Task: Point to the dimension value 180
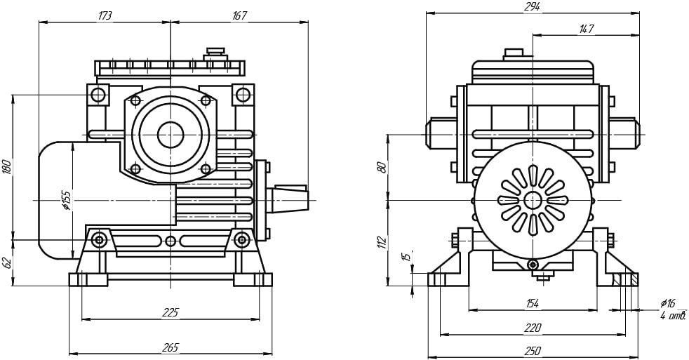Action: pos(7,166)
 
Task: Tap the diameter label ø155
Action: pos(65,200)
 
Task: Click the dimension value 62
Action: pos(7,262)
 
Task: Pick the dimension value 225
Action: pos(170,312)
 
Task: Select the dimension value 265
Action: pos(170,347)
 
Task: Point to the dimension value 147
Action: pos(586,28)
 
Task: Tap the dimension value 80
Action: pos(382,168)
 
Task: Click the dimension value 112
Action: pos(382,242)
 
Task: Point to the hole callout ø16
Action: pos(667,303)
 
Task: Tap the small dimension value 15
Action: pos(405,258)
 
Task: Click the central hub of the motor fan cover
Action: pos(533,200)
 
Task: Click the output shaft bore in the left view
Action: pos(170,134)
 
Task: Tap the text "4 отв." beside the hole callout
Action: pos(672,316)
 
